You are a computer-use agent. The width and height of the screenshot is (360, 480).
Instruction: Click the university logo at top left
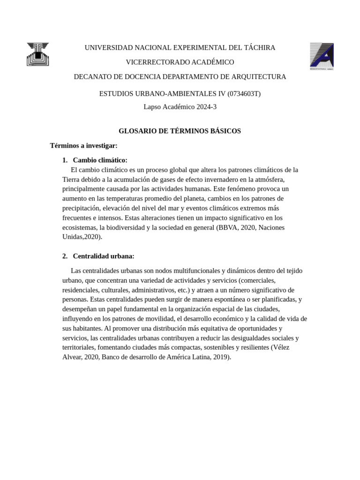[37, 54]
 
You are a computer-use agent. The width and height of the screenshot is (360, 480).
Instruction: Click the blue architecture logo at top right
[322, 56]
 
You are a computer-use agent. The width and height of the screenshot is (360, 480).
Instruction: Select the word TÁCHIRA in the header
[259, 48]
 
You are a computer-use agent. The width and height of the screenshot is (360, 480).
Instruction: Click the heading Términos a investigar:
[83, 146]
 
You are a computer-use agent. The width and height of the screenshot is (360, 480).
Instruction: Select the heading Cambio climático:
[100, 160]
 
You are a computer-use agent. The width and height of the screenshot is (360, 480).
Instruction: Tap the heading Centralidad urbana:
[104, 256]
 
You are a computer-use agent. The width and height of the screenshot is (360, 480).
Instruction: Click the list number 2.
[65, 256]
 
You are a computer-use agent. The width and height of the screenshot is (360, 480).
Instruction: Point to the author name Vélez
[289, 347]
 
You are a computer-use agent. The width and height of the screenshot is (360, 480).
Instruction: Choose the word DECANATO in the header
[91, 77]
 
